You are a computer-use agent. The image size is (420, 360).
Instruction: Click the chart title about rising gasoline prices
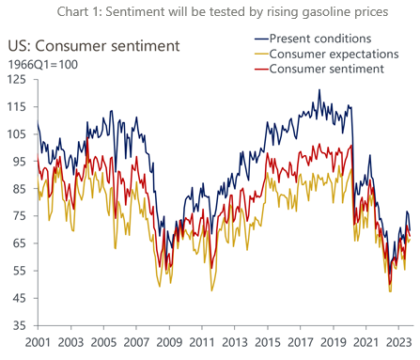(210, 11)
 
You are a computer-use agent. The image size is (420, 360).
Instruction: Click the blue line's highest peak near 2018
(319, 90)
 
